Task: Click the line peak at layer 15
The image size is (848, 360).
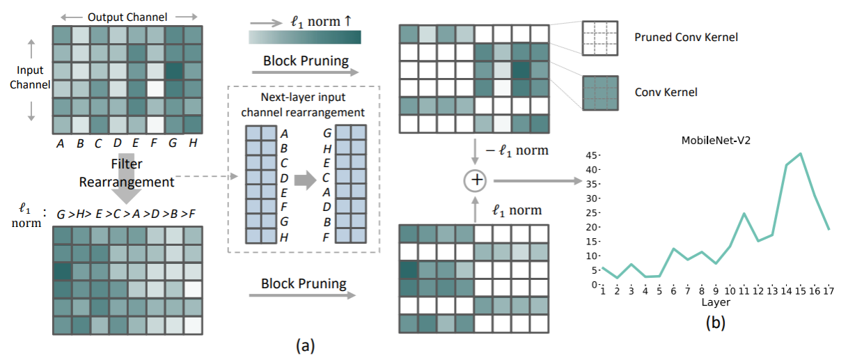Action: (801, 154)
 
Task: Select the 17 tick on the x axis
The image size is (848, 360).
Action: (829, 291)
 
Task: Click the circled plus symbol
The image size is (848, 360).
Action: (477, 181)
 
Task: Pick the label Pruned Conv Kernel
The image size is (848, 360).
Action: (686, 38)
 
